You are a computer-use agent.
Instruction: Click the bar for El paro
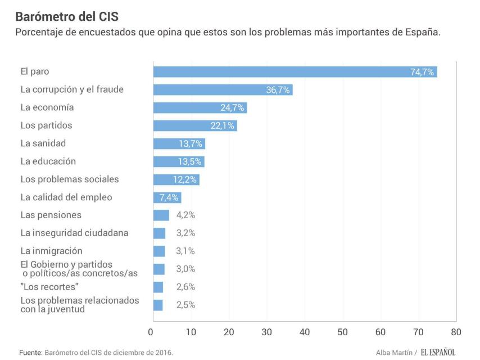point(295,71)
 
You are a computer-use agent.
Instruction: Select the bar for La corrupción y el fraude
point(223,89)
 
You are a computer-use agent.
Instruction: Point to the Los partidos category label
point(46,125)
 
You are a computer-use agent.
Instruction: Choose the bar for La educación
point(179,161)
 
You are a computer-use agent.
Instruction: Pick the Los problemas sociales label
point(70,179)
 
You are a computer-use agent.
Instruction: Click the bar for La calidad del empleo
point(167,197)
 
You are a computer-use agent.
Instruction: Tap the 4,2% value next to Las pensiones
point(185,215)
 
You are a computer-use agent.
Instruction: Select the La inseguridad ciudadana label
point(74,233)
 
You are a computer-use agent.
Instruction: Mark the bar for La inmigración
point(159,251)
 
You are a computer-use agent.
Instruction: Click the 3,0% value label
point(185,269)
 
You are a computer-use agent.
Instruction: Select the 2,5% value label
point(185,305)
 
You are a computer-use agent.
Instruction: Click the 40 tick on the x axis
point(305,332)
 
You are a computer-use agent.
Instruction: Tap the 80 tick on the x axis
point(456,332)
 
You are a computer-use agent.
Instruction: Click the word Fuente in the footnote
point(30,352)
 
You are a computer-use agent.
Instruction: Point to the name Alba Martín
point(394,352)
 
